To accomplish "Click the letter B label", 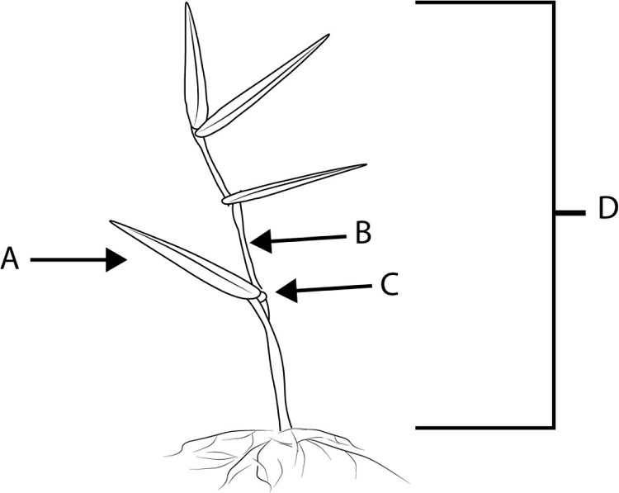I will (363, 234).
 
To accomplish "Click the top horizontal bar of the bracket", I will (483, 3).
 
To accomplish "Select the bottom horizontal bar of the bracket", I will (483, 427).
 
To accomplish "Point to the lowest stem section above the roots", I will (277, 372).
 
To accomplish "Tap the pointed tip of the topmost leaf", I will (187, 5).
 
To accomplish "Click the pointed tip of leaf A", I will (112, 222).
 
